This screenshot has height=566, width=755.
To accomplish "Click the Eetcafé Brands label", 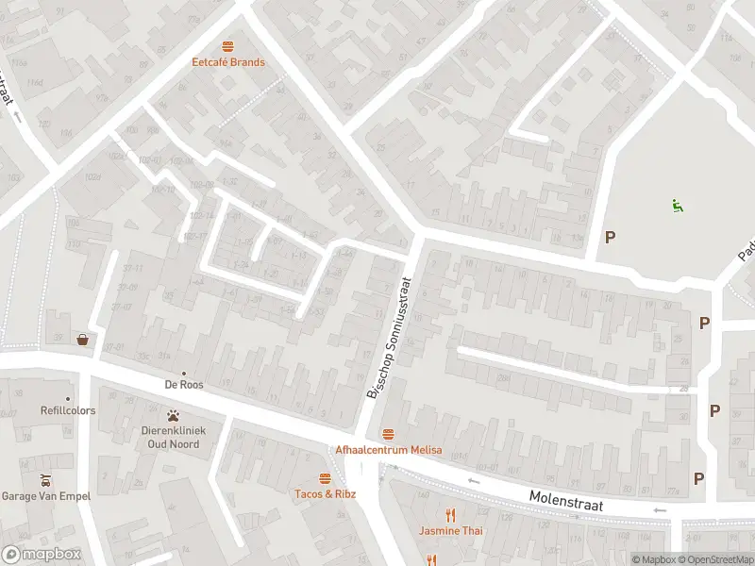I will [227, 62].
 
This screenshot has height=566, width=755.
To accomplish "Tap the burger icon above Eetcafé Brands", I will [227, 45].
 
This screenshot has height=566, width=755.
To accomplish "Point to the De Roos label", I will [184, 385].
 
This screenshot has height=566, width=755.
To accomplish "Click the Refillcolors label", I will [68, 411].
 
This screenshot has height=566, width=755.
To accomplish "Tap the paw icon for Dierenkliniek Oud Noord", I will [174, 415].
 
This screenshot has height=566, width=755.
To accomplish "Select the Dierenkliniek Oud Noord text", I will [173, 437].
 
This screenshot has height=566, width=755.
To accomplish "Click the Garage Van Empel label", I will [45, 496].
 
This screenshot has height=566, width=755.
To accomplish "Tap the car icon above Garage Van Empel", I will [45, 479].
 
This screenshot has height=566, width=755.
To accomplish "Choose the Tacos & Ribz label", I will [325, 494].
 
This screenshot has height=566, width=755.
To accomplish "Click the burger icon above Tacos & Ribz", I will [325, 477].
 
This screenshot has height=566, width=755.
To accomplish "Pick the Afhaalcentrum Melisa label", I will [389, 450].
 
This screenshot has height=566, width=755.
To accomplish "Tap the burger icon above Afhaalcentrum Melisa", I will [389, 433].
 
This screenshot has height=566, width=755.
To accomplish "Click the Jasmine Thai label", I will [450, 531].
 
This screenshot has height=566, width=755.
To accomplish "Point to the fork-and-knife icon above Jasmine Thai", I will [450, 514].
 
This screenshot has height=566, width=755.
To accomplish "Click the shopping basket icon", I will [84, 340].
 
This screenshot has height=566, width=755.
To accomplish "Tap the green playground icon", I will [677, 206].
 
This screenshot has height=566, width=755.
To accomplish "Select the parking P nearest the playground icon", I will [610, 237].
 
